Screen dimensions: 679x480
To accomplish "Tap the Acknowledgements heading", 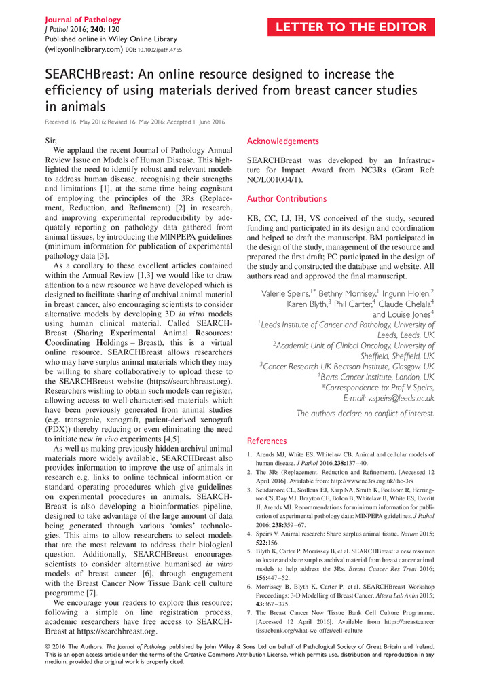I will pos(283,141).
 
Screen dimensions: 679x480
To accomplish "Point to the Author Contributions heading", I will pos(287,199).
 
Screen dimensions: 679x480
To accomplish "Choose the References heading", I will pos(267,441).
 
